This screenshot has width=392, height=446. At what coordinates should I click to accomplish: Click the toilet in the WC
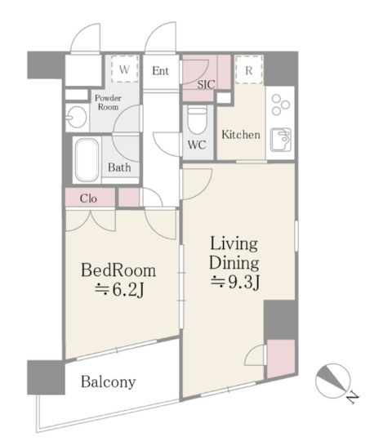pos(197,121)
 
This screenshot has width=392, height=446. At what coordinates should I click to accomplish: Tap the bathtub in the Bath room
pos(87,160)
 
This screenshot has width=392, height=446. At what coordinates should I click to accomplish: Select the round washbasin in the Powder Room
pos(76,117)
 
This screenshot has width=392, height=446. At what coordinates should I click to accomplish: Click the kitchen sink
pos(281,140)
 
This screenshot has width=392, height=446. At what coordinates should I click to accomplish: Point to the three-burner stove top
pos(280,105)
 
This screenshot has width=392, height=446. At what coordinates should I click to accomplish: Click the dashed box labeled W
pos(125,69)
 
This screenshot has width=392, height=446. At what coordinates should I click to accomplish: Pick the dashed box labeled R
pos(249,70)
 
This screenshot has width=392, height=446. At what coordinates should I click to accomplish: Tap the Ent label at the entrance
pos(160,71)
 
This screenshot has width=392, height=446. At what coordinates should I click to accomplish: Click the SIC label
pos(207,84)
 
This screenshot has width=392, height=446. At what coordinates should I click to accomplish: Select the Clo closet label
pos(88,198)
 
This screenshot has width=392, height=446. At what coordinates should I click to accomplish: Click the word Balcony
pos(108,382)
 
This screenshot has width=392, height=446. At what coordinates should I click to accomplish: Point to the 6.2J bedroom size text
pos(119,290)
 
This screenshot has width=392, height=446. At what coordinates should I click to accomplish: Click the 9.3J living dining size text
pos(235,282)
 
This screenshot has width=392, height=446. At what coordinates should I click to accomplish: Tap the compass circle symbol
pos(332,381)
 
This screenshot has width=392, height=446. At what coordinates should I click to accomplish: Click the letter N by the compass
pos(354,397)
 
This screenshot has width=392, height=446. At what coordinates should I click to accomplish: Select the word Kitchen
pos(241,135)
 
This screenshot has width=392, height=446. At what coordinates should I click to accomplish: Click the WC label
pos(197,145)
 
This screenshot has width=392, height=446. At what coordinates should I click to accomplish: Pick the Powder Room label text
pos(108,102)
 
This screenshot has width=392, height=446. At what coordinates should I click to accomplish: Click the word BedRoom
pos(118,270)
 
